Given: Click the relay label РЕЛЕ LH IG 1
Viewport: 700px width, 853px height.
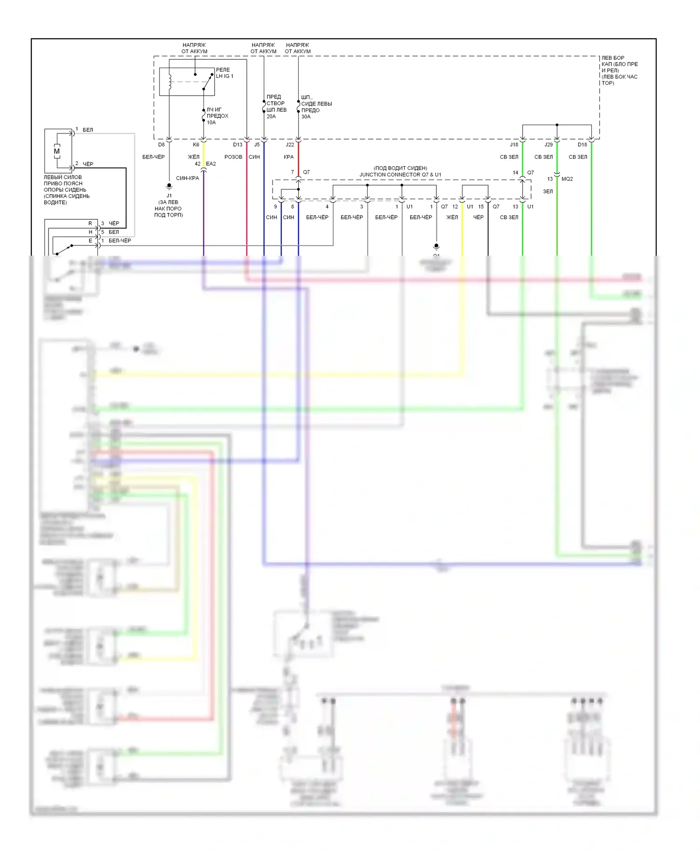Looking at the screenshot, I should pyautogui.click(x=224, y=73).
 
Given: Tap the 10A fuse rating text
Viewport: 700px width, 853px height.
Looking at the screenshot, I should pyautogui.click(x=211, y=122).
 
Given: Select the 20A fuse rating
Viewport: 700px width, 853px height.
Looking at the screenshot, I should pyautogui.click(x=271, y=116).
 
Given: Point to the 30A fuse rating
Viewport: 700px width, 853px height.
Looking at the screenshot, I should pyautogui.click(x=306, y=116).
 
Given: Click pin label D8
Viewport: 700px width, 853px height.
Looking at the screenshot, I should pyautogui.click(x=161, y=145).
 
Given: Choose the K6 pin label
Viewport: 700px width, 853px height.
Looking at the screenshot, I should pyautogui.click(x=196, y=145).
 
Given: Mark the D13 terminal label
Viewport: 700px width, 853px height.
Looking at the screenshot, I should pyautogui.click(x=238, y=145).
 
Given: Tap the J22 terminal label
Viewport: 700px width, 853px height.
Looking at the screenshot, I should pyautogui.click(x=290, y=145).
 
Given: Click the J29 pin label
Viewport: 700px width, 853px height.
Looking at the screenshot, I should pyautogui.click(x=548, y=145).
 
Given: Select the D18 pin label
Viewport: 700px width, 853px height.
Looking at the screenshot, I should pyautogui.click(x=582, y=145).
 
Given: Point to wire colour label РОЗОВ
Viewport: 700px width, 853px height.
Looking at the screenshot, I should pyautogui.click(x=233, y=157).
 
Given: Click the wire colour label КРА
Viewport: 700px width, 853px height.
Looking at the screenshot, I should pyautogui.click(x=288, y=157).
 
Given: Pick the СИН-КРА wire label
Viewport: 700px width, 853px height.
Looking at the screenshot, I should pyautogui.click(x=188, y=178).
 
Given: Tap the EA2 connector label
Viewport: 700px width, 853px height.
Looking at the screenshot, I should pyautogui.click(x=211, y=164).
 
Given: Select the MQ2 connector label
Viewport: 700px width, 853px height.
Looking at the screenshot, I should pyautogui.click(x=567, y=179).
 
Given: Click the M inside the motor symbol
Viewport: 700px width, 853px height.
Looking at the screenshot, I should pyautogui.click(x=57, y=151).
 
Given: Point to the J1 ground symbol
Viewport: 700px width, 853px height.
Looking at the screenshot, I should pyautogui.click(x=169, y=186).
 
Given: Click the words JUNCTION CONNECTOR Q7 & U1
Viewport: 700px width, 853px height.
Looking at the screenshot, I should pyautogui.click(x=400, y=175).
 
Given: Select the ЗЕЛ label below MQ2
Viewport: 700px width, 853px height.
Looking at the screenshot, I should pyautogui.click(x=548, y=191).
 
